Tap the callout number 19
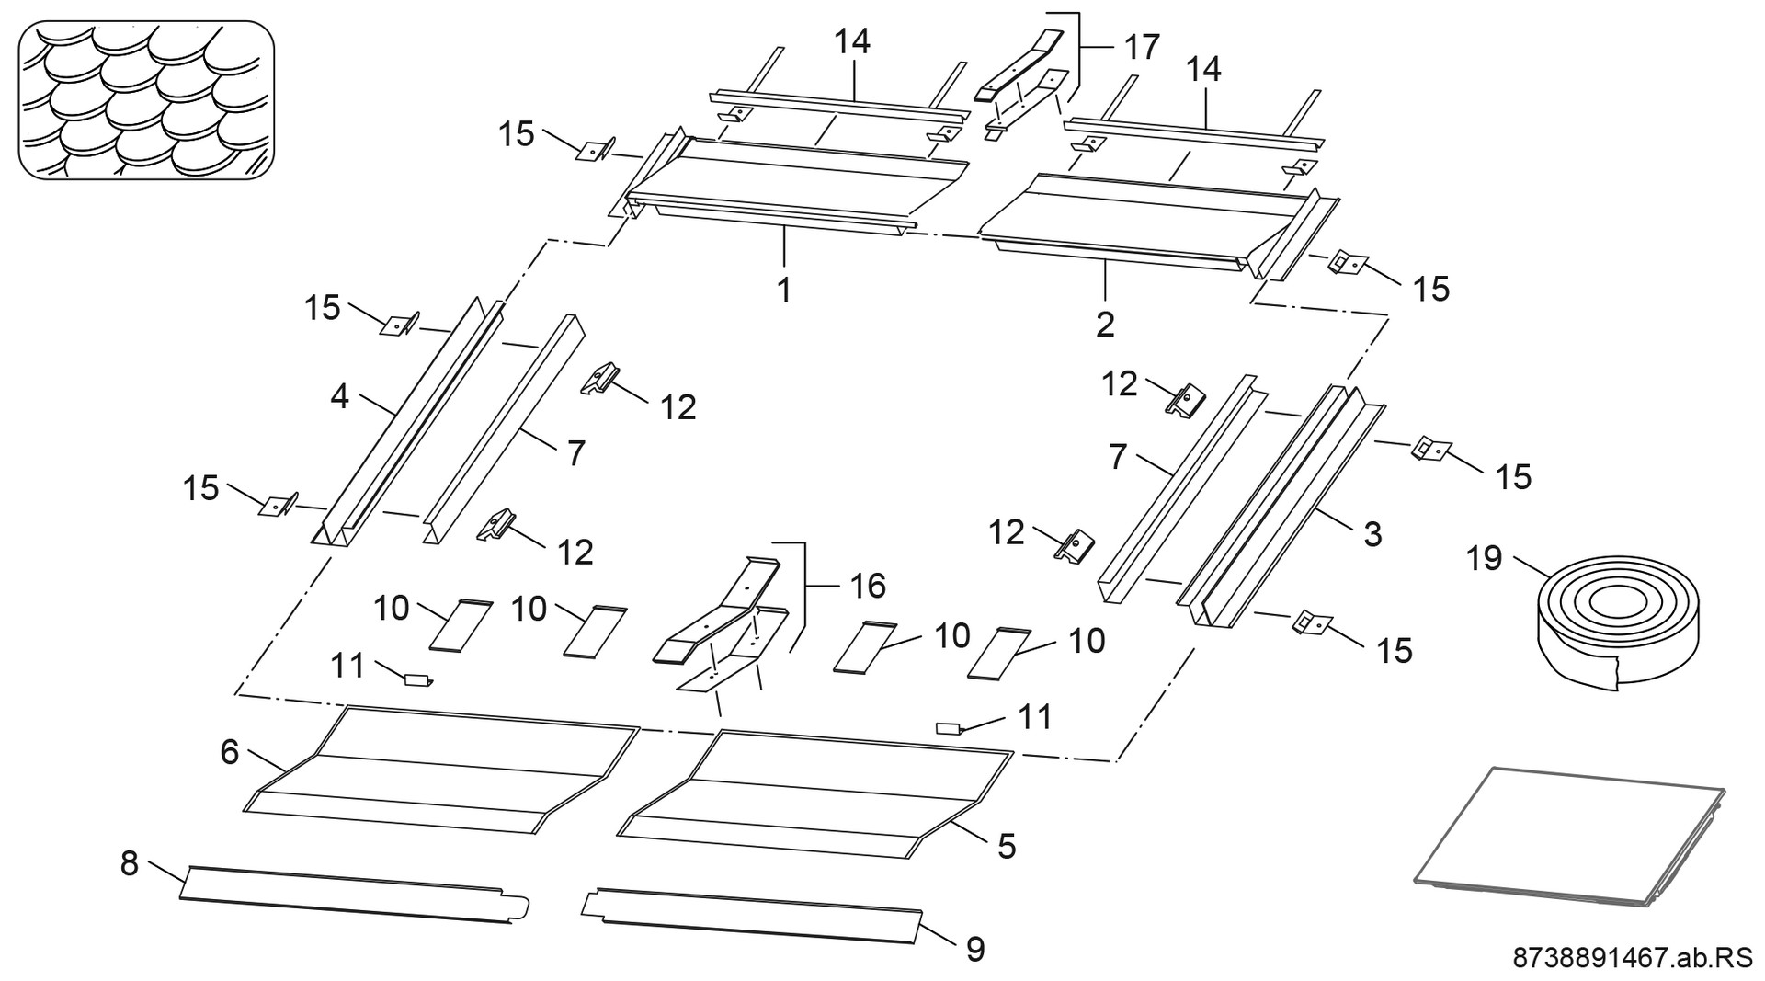pos(1485,558)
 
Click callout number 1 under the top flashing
pos(783,290)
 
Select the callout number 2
pos(1105,323)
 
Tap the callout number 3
pos(1372,534)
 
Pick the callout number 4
pos(340,397)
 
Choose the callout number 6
pos(230,752)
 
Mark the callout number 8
pos(130,863)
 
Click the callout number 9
pos(974,949)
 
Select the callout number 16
pos(868,585)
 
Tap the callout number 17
pos(1142,46)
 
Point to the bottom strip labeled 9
pos(754,915)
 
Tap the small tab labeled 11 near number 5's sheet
pos(947,728)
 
